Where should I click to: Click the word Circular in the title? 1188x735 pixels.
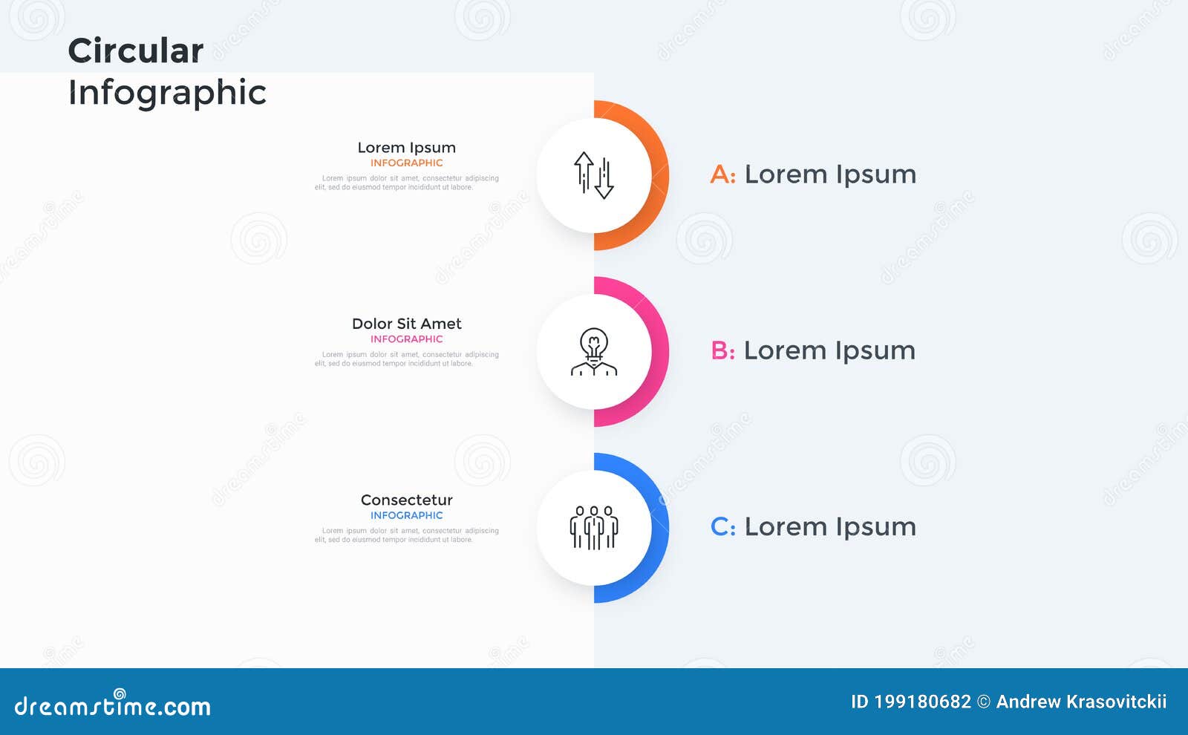[135, 51]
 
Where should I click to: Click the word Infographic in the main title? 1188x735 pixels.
[167, 93]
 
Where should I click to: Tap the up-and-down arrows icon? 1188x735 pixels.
[594, 175]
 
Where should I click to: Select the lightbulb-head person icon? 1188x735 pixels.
[594, 351]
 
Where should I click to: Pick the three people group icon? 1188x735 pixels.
[594, 527]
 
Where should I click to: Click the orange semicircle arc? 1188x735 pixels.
[658, 175]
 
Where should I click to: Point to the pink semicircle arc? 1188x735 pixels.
[658, 351]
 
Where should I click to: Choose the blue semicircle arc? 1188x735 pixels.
[658, 527]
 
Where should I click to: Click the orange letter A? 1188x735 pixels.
[720, 175]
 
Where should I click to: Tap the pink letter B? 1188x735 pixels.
[720, 351]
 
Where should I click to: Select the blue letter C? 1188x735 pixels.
[720, 527]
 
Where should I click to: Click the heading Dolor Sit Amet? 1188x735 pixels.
[406, 324]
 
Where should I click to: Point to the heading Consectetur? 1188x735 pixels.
[406, 500]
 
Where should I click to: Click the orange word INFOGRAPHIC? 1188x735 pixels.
[406, 163]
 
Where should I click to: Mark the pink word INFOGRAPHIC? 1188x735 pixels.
[406, 339]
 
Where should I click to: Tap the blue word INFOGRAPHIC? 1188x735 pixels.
[406, 515]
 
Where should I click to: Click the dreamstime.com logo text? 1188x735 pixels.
[113, 706]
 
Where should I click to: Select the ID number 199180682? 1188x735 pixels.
[922, 702]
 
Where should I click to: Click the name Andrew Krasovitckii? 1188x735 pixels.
[1081, 702]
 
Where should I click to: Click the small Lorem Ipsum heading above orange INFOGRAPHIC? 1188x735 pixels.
[406, 148]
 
